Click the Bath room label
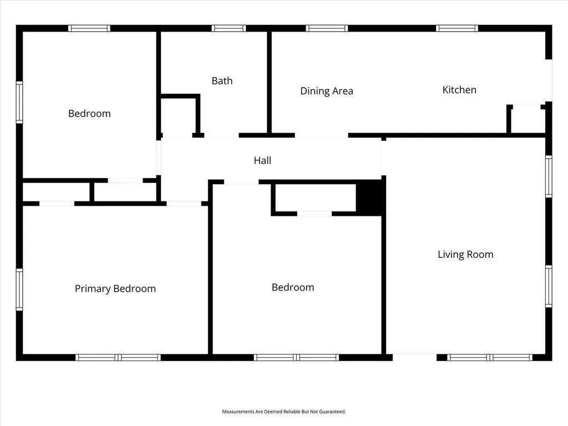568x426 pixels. pos(222,80)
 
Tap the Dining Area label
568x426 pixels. pos(327,90)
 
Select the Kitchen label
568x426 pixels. pos(459,89)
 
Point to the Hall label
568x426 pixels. pos(262,160)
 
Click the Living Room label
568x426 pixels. pos(465,254)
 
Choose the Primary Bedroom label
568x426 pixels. pos(115,288)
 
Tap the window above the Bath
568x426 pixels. pos(229,28)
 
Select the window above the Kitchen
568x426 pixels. pos(457,28)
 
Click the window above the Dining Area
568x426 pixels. pos(327,28)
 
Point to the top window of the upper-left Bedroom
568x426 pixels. pos(89,28)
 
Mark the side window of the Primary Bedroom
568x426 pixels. pos(19,290)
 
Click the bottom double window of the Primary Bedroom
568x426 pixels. pos(118,358)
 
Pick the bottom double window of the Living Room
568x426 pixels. pos(490,358)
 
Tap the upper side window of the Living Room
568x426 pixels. pos(549,176)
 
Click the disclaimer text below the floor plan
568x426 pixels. pos(284,412)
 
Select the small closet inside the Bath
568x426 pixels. pos(179,116)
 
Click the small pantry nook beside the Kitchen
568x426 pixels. pos(526,120)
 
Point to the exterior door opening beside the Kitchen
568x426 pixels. pos(549,80)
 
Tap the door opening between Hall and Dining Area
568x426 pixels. pos(322,135)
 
